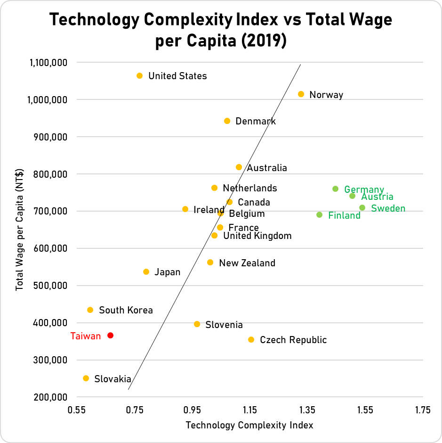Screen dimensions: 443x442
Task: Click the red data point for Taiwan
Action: pyautogui.click(x=111, y=336)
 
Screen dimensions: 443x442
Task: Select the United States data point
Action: pyautogui.click(x=140, y=76)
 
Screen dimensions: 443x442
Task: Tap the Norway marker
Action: pyautogui.click(x=301, y=94)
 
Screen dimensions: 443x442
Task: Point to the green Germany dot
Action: pyautogui.click(x=336, y=189)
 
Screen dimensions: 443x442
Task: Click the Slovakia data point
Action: pyautogui.click(x=86, y=378)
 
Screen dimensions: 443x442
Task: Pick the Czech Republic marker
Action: pyautogui.click(x=251, y=340)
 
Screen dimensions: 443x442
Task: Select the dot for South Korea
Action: pyautogui.click(x=90, y=310)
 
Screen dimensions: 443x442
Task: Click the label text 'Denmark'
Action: pyautogui.click(x=256, y=122)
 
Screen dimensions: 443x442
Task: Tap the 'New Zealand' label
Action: pyautogui.click(x=247, y=263)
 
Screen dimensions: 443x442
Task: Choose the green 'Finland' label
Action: pyautogui.click(x=344, y=216)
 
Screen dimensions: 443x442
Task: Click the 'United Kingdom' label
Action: pyautogui.click(x=257, y=236)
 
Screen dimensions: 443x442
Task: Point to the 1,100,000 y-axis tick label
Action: pyautogui.click(x=49, y=63)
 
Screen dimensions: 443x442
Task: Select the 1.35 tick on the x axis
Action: pyautogui.click(x=307, y=410)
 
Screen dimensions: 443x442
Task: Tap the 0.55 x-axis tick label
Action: pyautogui.click(x=76, y=410)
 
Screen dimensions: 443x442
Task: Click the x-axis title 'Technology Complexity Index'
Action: pyautogui.click(x=249, y=425)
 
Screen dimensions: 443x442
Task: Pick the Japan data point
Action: pyautogui.click(x=146, y=272)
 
